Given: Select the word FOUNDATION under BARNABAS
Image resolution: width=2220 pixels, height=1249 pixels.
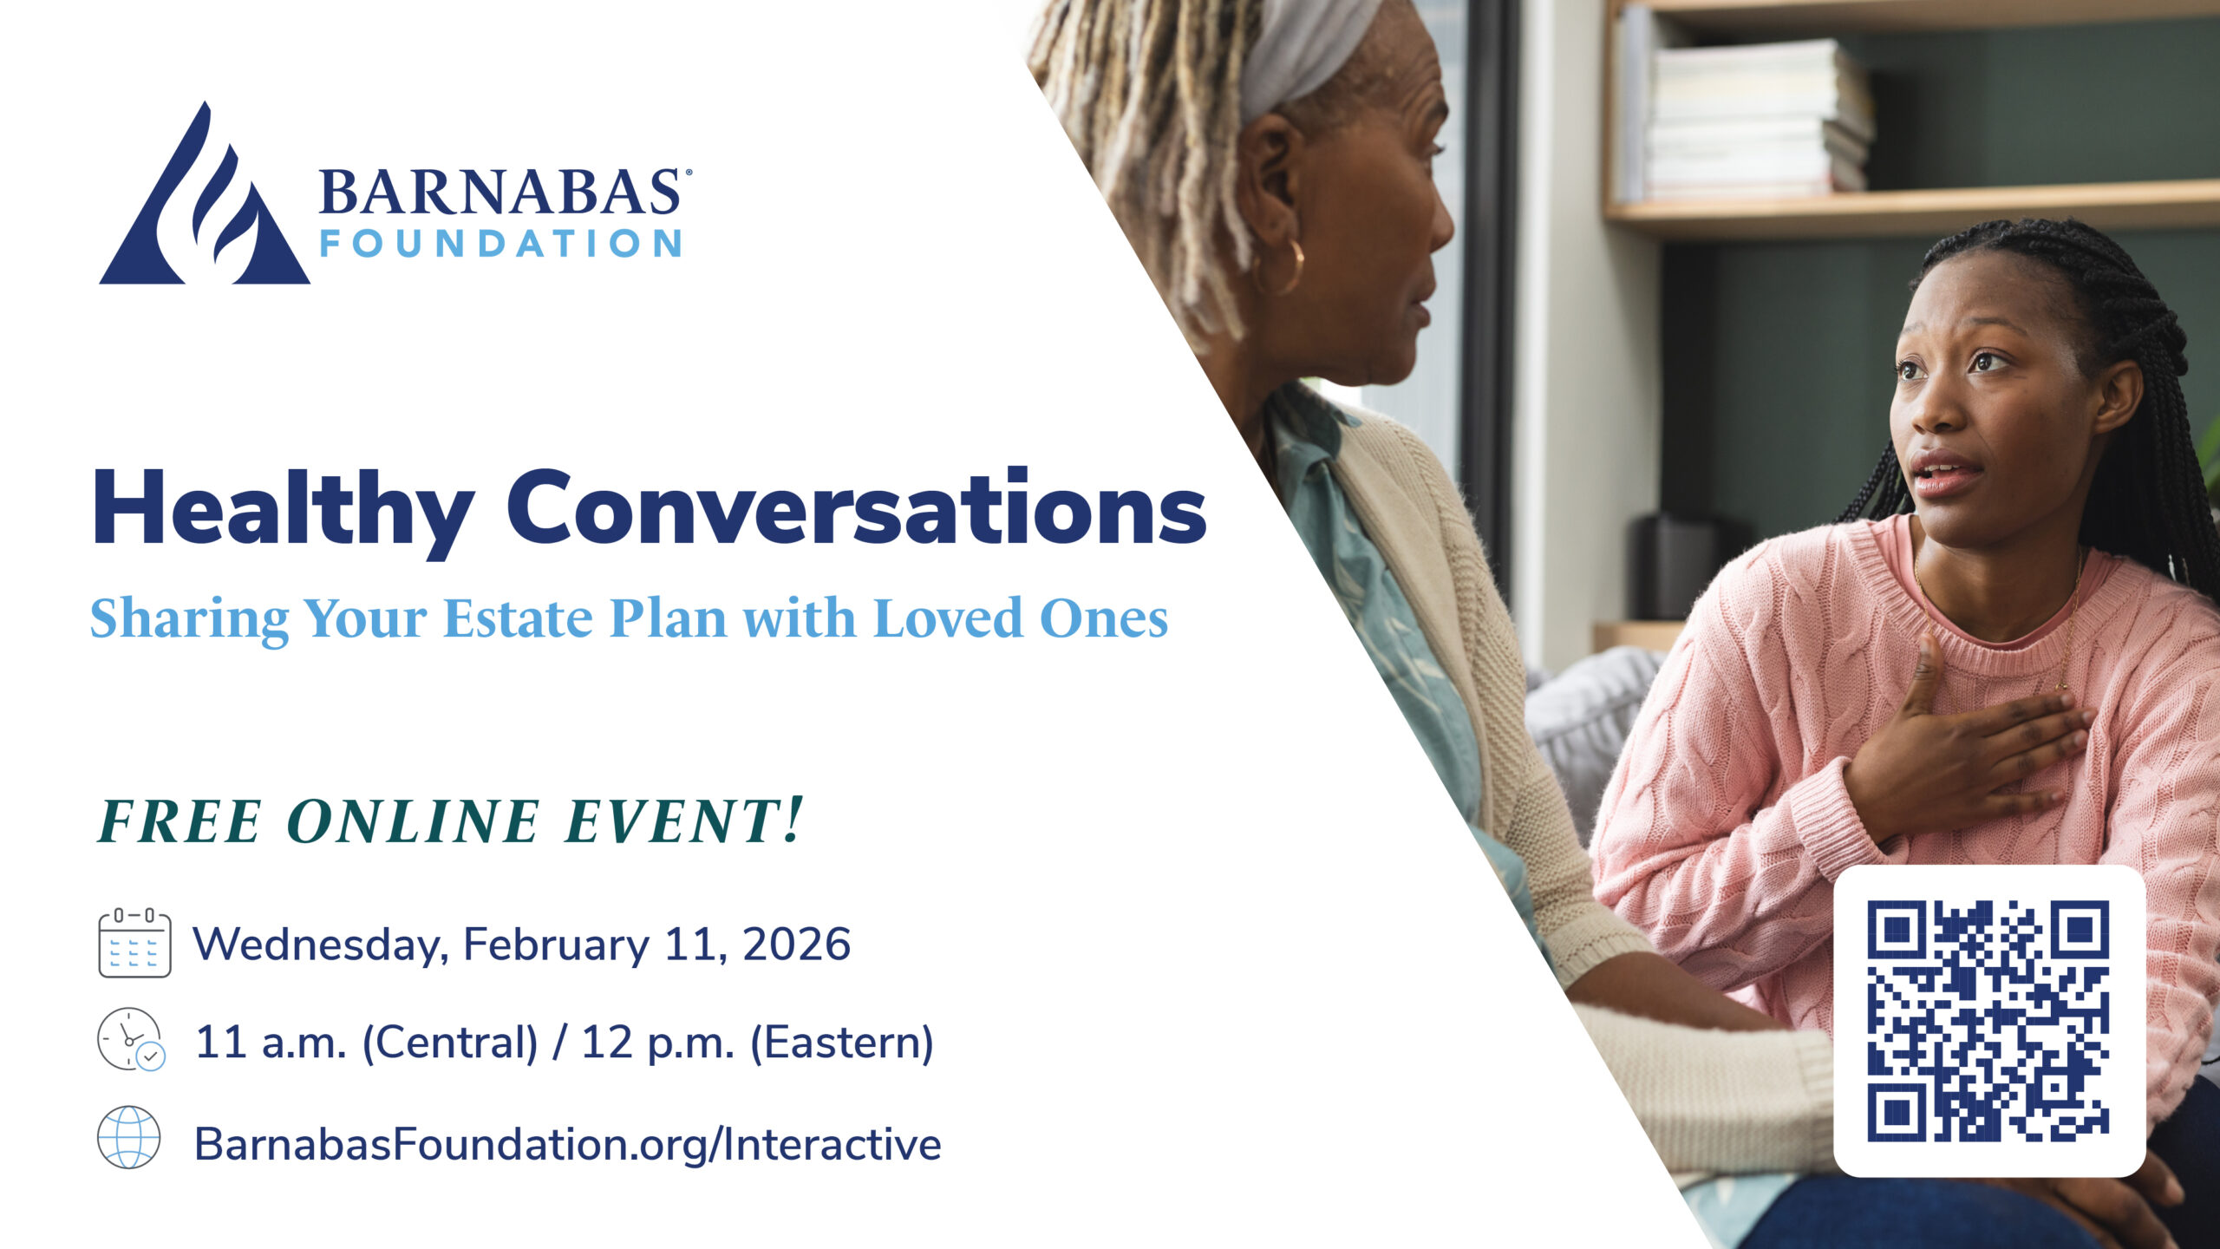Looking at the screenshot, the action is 500,244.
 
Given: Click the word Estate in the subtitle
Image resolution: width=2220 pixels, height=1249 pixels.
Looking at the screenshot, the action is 519,618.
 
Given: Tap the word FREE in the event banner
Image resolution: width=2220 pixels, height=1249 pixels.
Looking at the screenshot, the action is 180,821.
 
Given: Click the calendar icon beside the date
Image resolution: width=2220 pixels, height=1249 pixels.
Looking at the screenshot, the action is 134,943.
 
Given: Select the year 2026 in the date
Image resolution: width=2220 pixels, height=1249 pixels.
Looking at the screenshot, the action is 796,944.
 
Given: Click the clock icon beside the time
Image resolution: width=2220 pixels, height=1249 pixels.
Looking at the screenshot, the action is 130,1039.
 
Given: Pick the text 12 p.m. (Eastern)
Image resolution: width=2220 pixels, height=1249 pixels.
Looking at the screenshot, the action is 757,1042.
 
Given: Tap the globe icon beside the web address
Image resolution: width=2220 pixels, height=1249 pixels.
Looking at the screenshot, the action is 129,1137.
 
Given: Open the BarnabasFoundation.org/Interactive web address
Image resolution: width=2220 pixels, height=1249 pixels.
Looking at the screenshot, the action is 567,1144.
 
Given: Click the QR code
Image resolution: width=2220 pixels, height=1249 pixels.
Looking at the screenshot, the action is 1988,1020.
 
